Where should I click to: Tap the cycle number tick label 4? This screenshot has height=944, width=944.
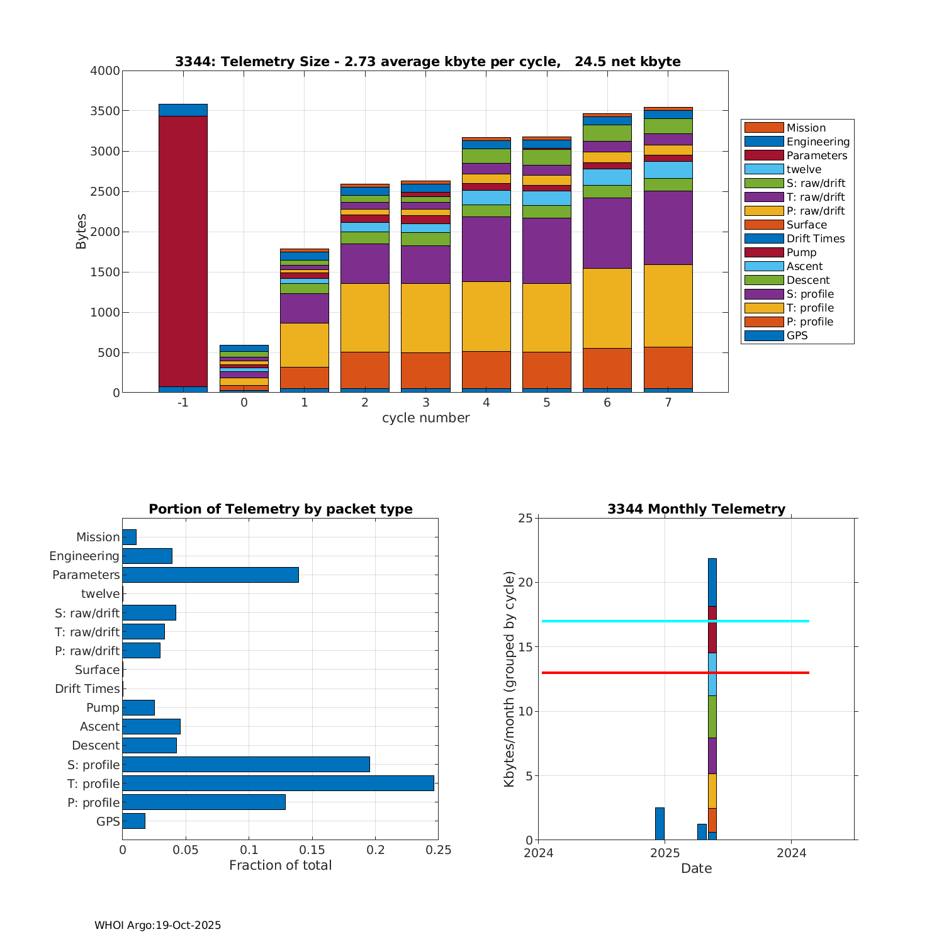click(x=486, y=403)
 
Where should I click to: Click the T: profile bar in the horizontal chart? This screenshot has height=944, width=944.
click(x=278, y=784)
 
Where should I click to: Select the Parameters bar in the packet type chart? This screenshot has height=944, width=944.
click(x=210, y=575)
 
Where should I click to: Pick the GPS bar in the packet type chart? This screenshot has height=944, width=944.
click(x=133, y=821)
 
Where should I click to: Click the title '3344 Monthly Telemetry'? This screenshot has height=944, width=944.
click(x=696, y=509)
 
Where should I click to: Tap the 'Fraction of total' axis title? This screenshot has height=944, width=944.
click(x=280, y=865)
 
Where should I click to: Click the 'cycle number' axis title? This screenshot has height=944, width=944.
click(x=425, y=418)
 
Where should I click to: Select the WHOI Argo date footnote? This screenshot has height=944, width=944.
click(x=157, y=925)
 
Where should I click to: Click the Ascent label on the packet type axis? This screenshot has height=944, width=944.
click(x=99, y=727)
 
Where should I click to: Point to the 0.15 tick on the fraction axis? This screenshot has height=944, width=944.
click(x=312, y=850)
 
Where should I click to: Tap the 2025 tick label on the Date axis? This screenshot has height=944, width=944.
click(x=665, y=853)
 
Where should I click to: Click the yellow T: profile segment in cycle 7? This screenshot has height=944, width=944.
click(x=668, y=306)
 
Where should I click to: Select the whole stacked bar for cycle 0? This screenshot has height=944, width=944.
click(x=244, y=369)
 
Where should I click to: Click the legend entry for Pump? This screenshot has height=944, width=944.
click(x=801, y=252)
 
